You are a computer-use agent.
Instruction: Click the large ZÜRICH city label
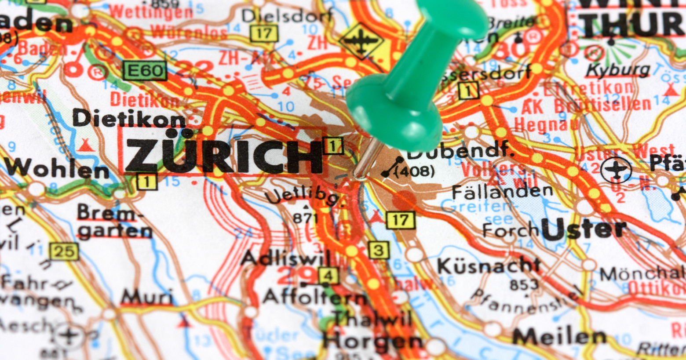[224, 156]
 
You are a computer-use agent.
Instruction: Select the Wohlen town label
[57, 169]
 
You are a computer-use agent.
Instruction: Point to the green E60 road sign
[145, 71]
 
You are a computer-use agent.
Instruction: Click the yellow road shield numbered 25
[64, 251]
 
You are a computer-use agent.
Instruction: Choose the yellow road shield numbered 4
[328, 276]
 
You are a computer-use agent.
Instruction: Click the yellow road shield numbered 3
[378, 251]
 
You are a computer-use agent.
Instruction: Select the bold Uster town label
[584, 229]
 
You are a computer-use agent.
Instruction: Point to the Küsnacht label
[488, 265]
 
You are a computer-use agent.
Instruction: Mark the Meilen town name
[559, 337]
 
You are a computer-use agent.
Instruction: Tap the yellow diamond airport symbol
[361, 41]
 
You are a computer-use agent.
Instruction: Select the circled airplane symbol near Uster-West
[616, 170]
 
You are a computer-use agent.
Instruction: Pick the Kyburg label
[618, 70]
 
